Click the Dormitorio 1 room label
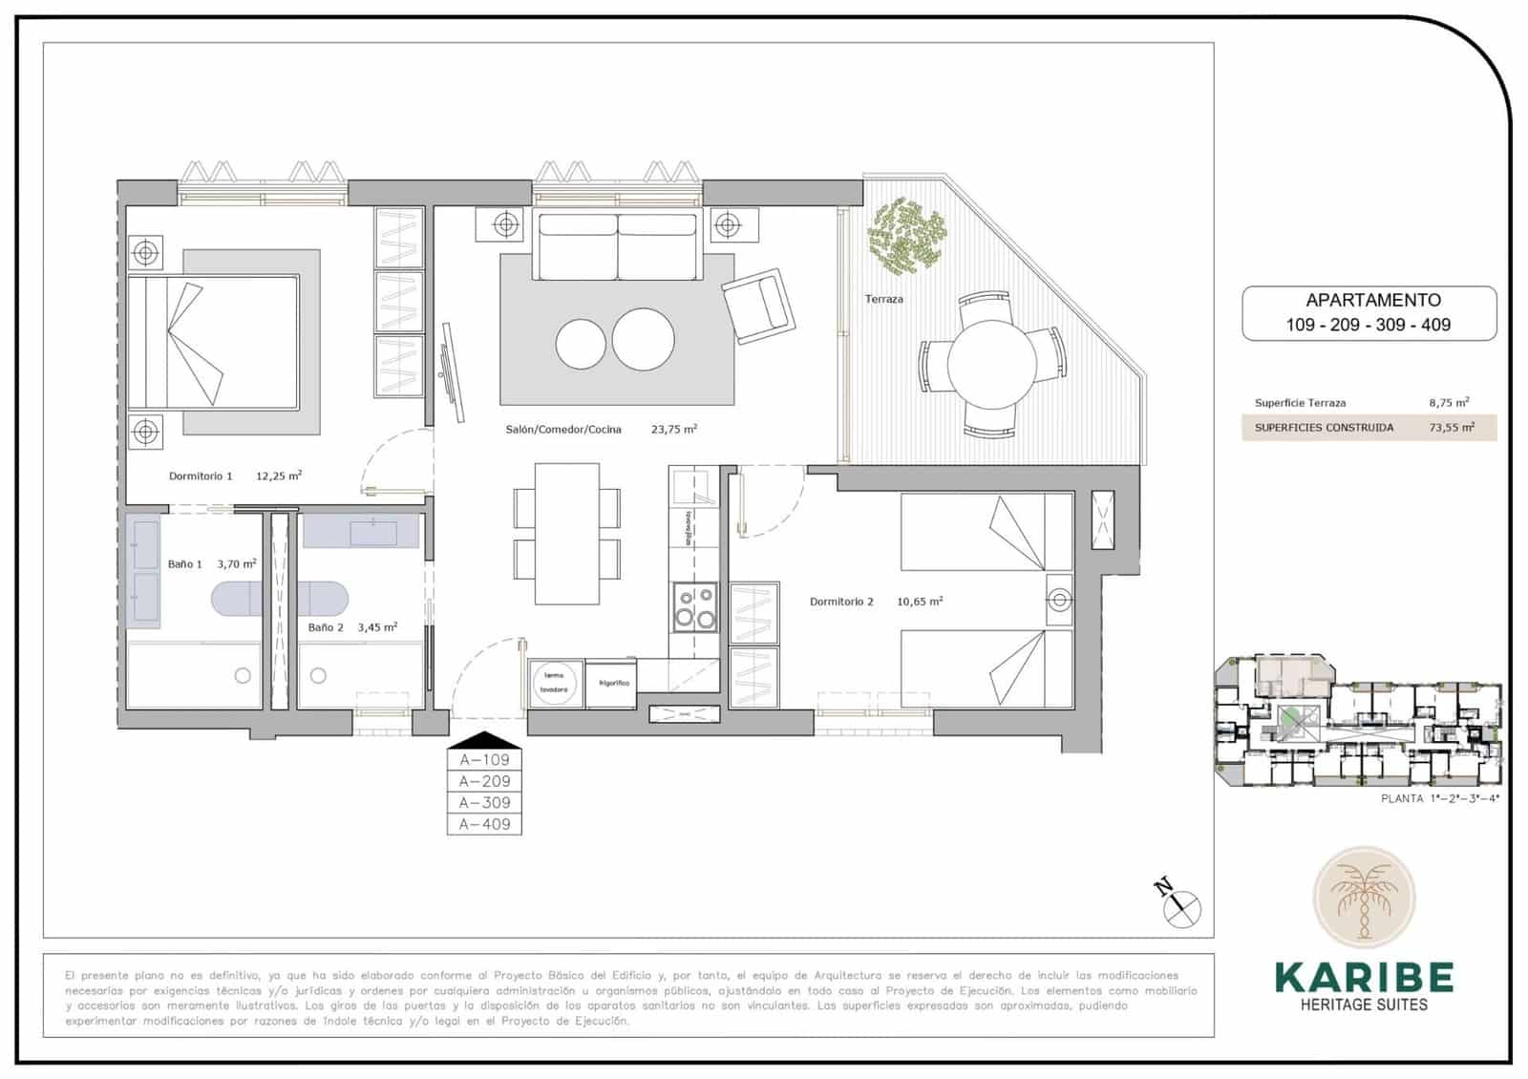[x=201, y=476]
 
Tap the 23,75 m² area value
[x=673, y=430]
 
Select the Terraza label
[x=883, y=299]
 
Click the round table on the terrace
[x=991, y=364]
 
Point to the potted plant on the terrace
[x=905, y=234]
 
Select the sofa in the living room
[x=617, y=245]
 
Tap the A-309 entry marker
[x=484, y=803]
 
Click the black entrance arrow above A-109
[x=484, y=740]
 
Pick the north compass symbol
[x=1181, y=903]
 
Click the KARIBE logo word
[x=1364, y=977]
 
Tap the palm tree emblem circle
[x=1364, y=899]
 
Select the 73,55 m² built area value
[x=1451, y=428]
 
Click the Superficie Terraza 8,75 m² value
[x=1448, y=403]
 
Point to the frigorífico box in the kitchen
[x=613, y=684]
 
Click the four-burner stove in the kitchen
[x=694, y=606]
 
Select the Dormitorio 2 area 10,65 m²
[x=919, y=602]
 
